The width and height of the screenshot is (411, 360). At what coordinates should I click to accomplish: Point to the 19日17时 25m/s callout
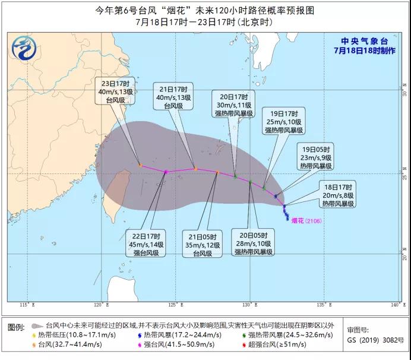coord(284,121)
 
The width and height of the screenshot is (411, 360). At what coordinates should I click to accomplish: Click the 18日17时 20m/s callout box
coord(338,195)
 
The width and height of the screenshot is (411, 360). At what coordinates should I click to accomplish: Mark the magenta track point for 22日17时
coord(166,172)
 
